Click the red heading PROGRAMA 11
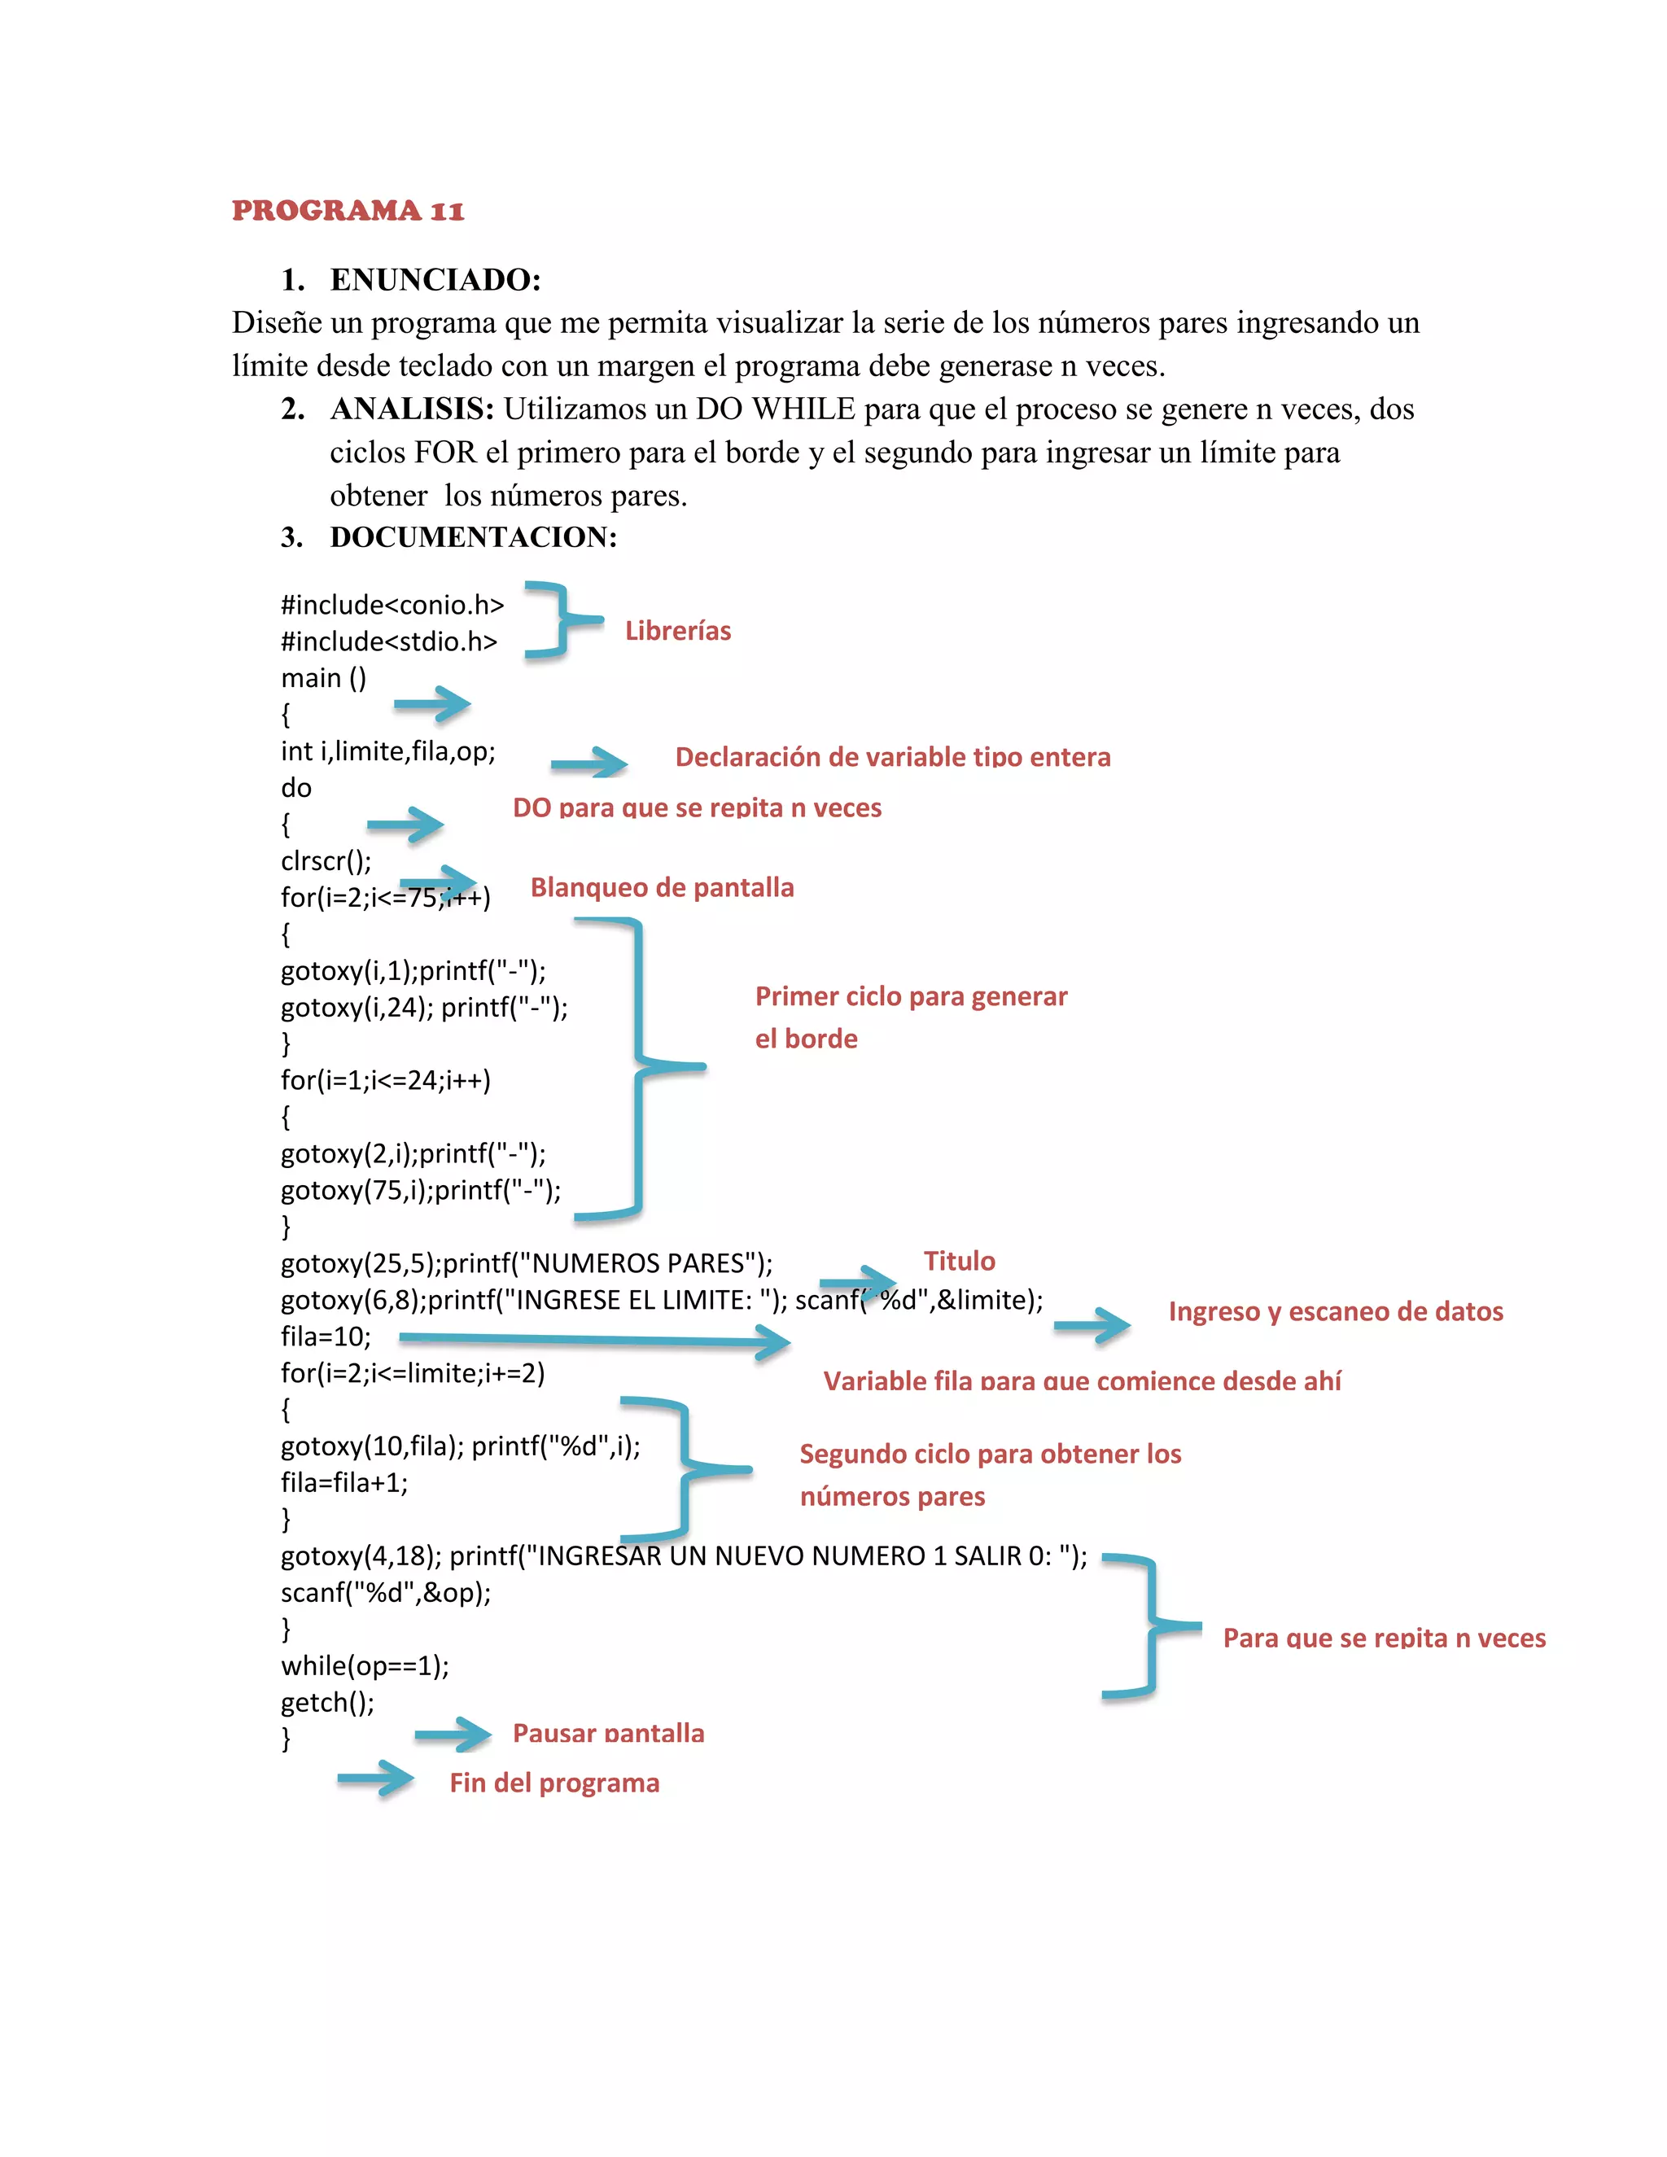[348, 210]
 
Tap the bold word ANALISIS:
[412, 409]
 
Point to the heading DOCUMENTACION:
[473, 537]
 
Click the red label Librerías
[677, 631]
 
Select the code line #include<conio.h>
[392, 605]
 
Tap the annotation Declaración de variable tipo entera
[893, 758]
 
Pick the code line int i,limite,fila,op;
[388, 751]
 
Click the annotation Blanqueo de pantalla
[662, 888]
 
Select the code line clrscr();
[326, 861]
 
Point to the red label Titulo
[959, 1261]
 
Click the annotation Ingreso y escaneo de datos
[1335, 1311]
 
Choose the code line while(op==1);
[365, 1666]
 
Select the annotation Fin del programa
[554, 1783]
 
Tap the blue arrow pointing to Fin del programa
[376, 1779]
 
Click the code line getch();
[327, 1703]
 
